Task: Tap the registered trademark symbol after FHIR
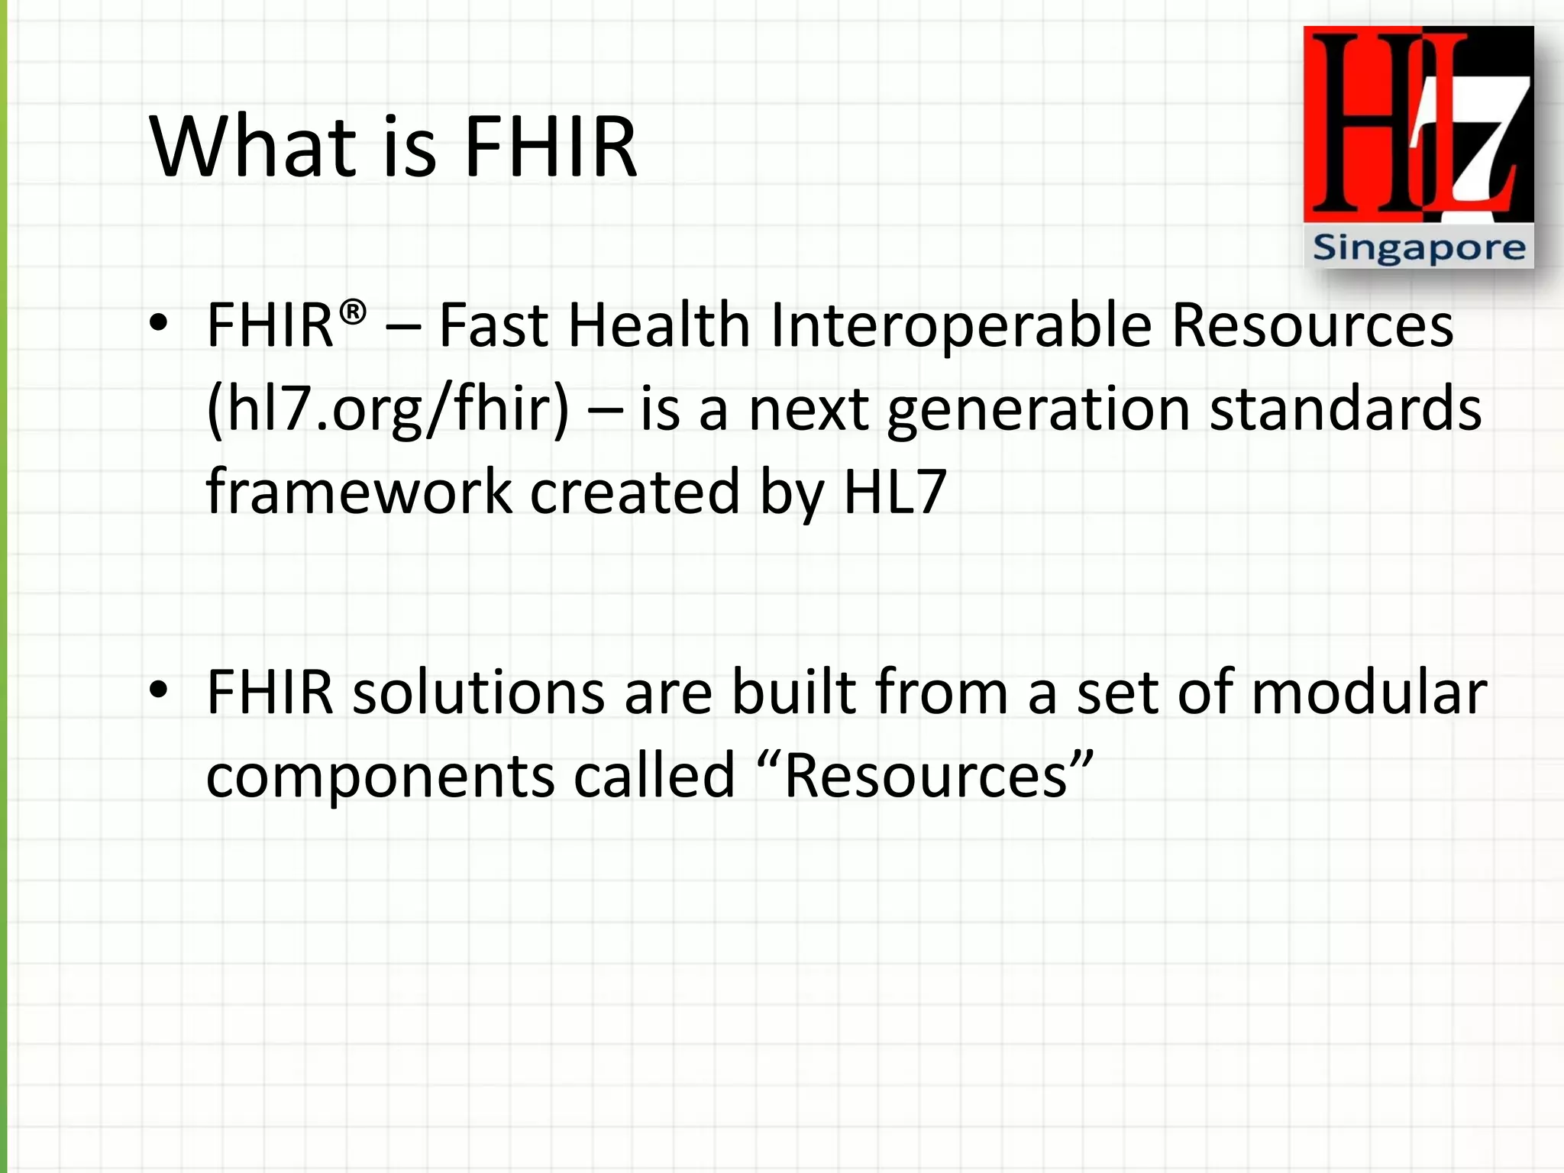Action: [x=352, y=312]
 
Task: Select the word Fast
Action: [x=493, y=325]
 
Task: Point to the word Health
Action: [x=660, y=325]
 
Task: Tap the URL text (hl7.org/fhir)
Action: [x=388, y=409]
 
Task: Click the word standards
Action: [x=1346, y=409]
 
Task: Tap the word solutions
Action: [x=478, y=692]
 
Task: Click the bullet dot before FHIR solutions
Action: [x=158, y=690]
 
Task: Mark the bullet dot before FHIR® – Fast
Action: [x=158, y=324]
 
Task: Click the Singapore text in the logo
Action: [x=1419, y=248]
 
